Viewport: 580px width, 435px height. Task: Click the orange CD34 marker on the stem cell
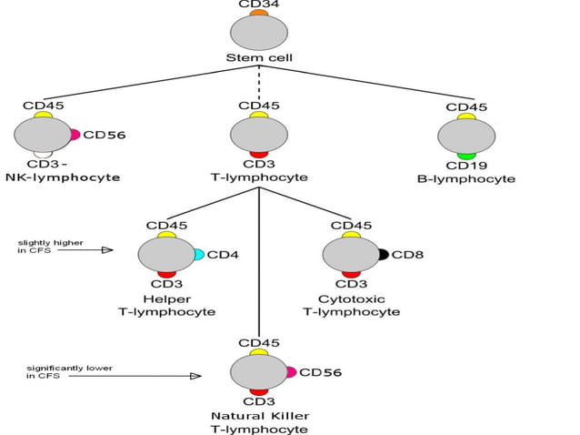coord(259,13)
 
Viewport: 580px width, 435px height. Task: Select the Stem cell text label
coord(259,58)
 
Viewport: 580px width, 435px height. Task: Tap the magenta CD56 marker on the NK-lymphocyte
coord(75,135)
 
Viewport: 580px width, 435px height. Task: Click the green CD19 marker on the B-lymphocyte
coord(466,157)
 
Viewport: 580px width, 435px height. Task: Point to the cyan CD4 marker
coord(199,255)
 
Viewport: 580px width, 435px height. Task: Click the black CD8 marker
coord(384,255)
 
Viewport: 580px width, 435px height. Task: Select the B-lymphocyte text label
coord(466,179)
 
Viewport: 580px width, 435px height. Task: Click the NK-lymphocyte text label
coord(63,177)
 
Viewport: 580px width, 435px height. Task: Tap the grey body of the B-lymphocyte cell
coord(466,137)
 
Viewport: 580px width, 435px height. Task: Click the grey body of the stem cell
coord(259,33)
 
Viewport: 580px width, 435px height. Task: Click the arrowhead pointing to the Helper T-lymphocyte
coord(108,249)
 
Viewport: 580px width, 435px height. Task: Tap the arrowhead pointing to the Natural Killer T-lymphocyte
coord(195,375)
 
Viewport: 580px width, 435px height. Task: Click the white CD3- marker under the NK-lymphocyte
coord(42,155)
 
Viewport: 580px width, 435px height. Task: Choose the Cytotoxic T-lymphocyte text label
coord(351,305)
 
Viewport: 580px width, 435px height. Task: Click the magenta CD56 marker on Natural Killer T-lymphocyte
coord(291,372)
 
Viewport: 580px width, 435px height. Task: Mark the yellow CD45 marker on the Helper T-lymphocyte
coord(166,236)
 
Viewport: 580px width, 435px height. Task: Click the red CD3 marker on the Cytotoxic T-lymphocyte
coord(351,274)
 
